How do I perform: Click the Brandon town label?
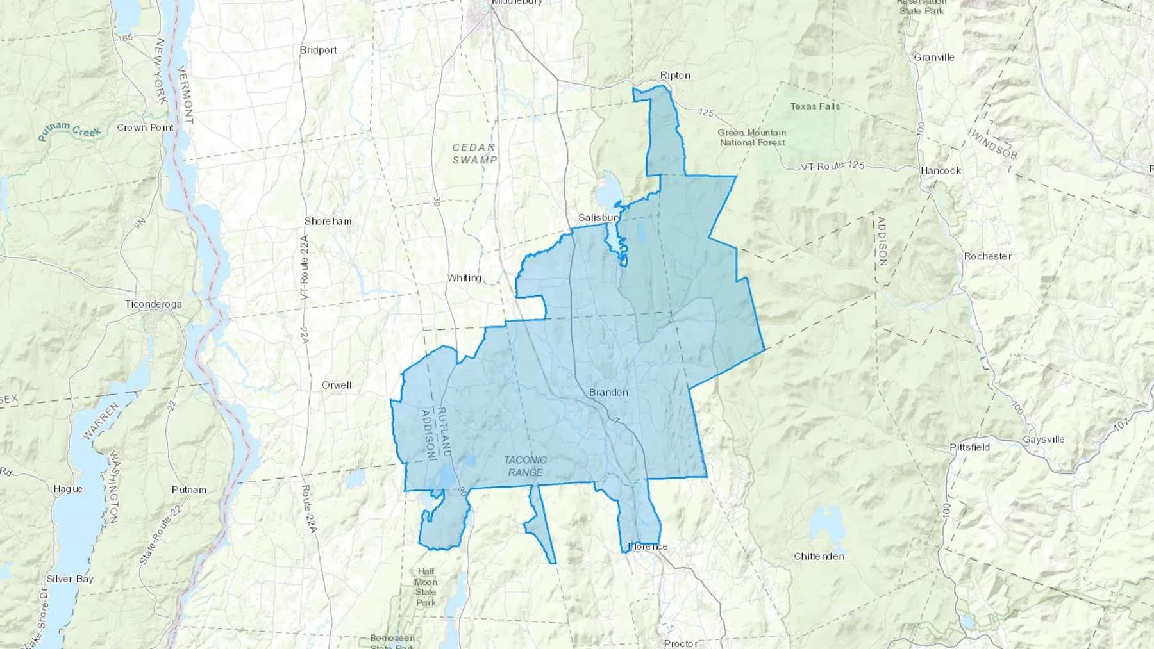tap(608, 392)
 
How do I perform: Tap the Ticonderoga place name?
tap(153, 304)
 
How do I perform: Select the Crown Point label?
tap(145, 127)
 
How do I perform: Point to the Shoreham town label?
tap(328, 221)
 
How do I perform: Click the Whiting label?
tap(464, 278)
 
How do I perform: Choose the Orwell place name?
tap(337, 385)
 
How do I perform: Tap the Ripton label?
tap(675, 75)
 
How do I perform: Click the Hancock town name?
tap(941, 170)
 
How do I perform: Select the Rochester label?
tap(987, 256)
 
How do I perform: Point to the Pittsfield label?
tap(969, 447)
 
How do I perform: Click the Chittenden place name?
tap(819, 556)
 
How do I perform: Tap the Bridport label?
tap(318, 50)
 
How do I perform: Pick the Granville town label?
tap(934, 57)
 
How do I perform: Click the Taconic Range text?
tap(525, 466)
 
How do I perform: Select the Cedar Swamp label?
tap(474, 154)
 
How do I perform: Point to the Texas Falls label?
tap(815, 106)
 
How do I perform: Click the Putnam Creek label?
tap(69, 130)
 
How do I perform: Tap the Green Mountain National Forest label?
tap(752, 137)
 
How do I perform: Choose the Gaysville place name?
tap(1043, 440)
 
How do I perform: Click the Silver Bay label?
tap(70, 579)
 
